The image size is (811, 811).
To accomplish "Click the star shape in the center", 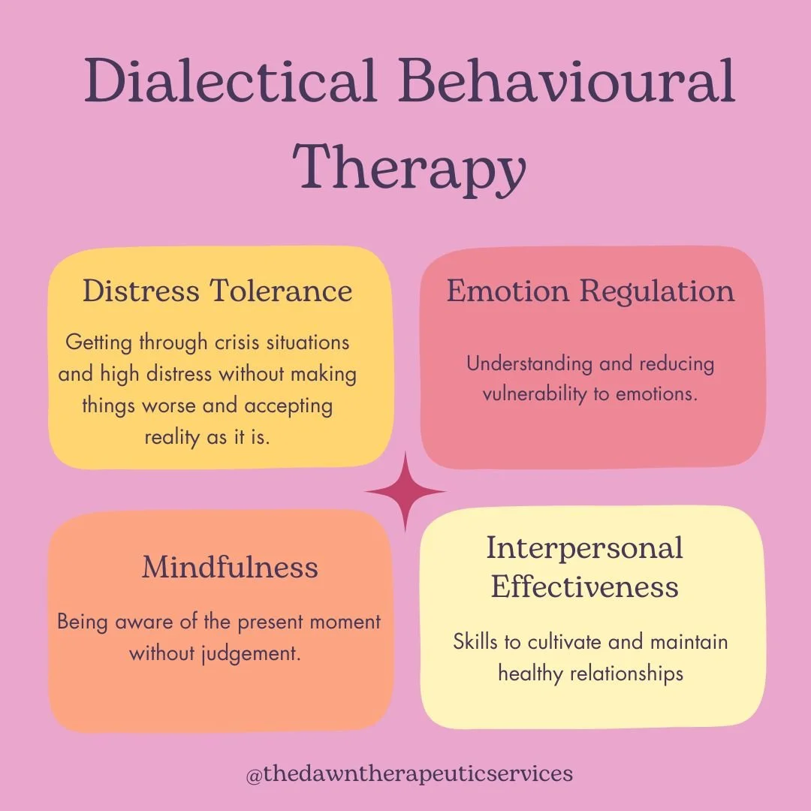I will (405, 493).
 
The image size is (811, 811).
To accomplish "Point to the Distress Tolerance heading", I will (217, 291).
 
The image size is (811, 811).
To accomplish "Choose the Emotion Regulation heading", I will (590, 291).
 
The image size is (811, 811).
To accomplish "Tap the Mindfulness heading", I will (230, 567).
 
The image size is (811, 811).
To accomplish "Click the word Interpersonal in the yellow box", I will (584, 547).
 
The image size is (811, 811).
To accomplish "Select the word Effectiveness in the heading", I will (584, 586).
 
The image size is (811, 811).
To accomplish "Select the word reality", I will (172, 437).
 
